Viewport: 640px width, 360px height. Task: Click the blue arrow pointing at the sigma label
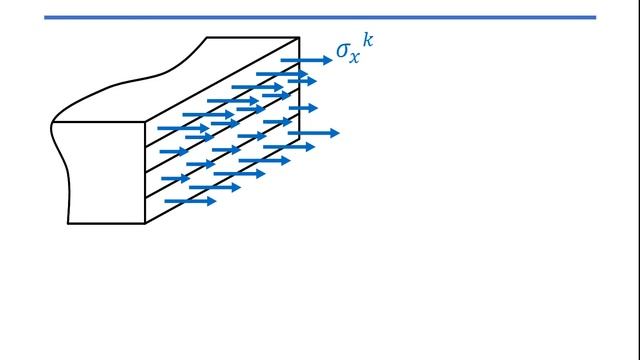pos(306,60)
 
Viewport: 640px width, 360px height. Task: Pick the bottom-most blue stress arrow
pos(190,201)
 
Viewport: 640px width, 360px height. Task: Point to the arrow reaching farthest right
pos(315,132)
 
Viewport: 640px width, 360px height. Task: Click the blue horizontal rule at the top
pos(320,17)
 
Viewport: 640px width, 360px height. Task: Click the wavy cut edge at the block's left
pos(61,160)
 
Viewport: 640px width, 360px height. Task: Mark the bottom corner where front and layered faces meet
pos(146,222)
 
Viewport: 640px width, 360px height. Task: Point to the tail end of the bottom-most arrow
pos(165,201)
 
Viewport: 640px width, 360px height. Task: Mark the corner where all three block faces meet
pos(146,123)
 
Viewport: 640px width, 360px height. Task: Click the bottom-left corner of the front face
pos(68,222)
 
